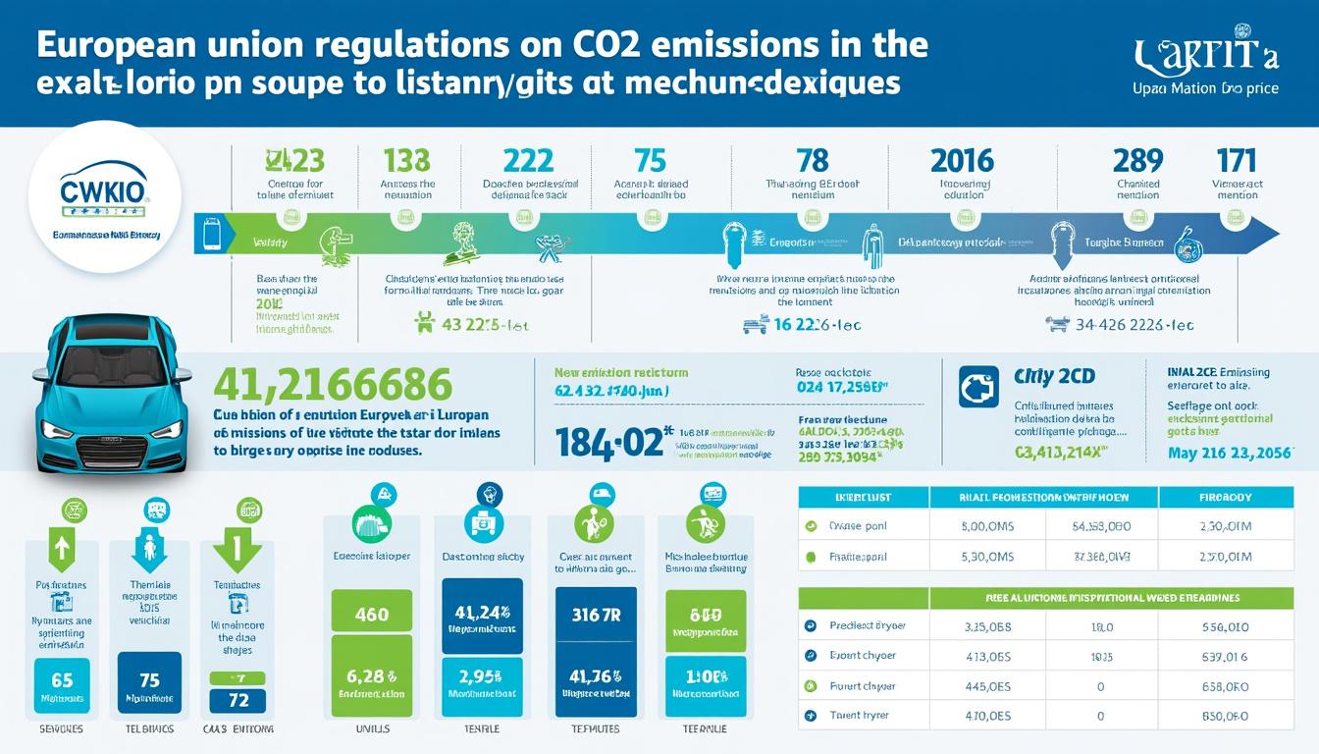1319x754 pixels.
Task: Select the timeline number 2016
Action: point(962,160)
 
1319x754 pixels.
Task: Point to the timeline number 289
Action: point(1137,160)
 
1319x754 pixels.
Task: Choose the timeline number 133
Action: point(406,160)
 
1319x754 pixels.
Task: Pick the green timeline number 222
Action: point(527,160)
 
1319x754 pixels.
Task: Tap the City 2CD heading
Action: point(1054,377)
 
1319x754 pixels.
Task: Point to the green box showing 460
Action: point(371,615)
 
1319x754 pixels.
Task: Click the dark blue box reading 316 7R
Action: point(596,615)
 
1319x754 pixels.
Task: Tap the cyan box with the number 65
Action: point(61,679)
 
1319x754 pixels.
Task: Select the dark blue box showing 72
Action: point(237,700)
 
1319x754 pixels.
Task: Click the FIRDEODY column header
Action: point(1225,498)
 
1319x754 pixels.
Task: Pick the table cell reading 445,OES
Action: point(988,686)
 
